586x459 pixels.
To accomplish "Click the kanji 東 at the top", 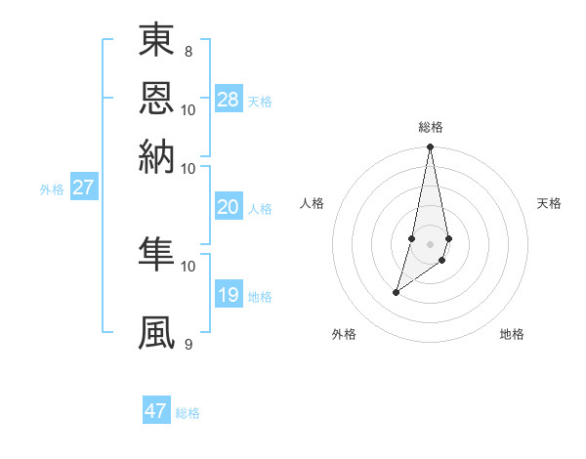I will (156, 41).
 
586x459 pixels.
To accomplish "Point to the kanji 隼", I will (156, 255).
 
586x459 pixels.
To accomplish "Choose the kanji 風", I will (156, 333).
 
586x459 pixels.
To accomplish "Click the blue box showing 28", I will (229, 100).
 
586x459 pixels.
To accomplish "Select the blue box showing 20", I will (229, 207).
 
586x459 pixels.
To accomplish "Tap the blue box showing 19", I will (229, 295).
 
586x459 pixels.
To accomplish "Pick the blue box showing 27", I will (83, 188).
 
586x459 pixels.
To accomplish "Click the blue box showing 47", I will (156, 411).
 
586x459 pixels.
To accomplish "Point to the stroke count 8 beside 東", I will (188, 51).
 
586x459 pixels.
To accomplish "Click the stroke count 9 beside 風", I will (188, 344).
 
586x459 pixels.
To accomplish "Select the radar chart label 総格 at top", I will (431, 127).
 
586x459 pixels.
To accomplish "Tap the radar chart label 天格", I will (550, 203).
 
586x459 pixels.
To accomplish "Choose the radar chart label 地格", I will (512, 335).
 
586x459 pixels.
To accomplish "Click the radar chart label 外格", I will (344, 335).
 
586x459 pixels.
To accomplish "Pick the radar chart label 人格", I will (313, 203).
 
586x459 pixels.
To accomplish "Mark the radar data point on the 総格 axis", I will (431, 147).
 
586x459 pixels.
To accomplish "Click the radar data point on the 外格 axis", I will (396, 292).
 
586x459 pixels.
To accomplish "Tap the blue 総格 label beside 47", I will (188, 413).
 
